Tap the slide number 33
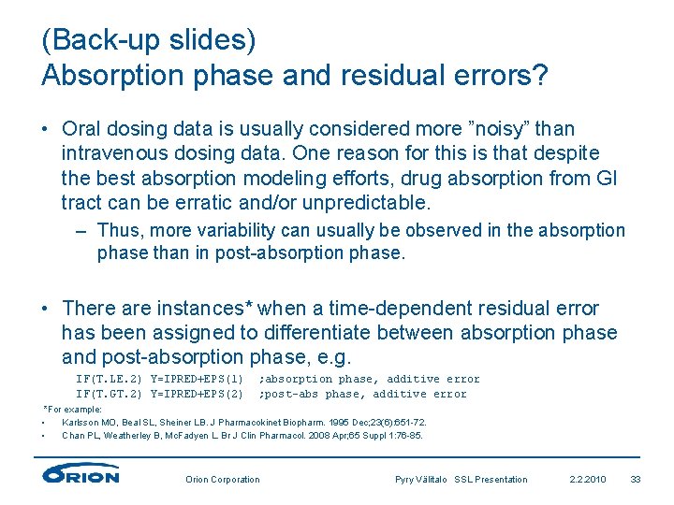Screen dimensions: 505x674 [636, 480]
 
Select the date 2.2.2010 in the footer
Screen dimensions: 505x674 [588, 480]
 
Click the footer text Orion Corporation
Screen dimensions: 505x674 [223, 480]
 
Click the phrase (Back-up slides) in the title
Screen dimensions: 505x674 [149, 41]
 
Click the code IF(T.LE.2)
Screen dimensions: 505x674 [109, 379]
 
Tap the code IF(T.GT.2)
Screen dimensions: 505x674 [109, 394]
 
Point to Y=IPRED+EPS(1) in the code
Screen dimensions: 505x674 [198, 379]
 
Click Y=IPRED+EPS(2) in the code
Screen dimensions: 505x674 [198, 394]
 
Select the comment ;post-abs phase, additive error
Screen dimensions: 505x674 [362, 394]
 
